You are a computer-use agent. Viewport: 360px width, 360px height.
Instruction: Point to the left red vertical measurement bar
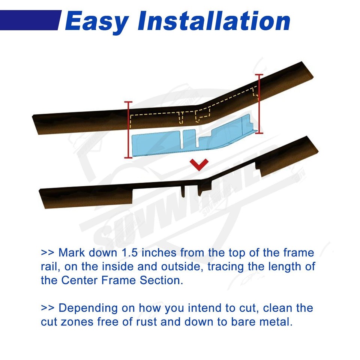(x=129, y=129)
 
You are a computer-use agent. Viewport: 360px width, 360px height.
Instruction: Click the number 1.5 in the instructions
(x=130, y=252)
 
